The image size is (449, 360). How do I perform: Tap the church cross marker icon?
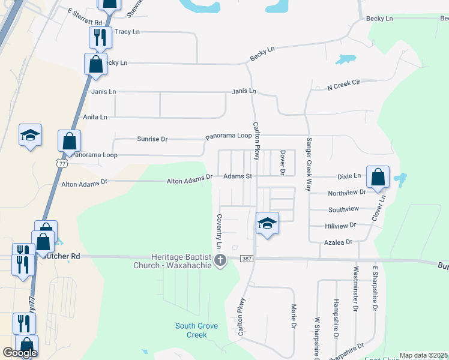[x=220, y=260]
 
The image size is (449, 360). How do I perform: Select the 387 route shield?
[x=247, y=259]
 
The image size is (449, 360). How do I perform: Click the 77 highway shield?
[x=61, y=163]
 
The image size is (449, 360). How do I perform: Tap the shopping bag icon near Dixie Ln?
[x=378, y=177]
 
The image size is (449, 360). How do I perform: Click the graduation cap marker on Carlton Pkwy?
[x=267, y=224]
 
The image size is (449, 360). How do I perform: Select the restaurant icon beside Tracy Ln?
[x=100, y=37]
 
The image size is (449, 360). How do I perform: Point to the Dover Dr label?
[x=282, y=163]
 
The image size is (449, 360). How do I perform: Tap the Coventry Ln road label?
[x=219, y=232]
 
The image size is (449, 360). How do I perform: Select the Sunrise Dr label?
[x=152, y=139]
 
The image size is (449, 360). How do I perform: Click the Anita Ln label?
[x=95, y=117]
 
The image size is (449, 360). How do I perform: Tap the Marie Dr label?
[x=294, y=316]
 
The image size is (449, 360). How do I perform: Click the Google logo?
[x=20, y=353]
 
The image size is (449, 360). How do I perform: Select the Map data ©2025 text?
[x=423, y=355]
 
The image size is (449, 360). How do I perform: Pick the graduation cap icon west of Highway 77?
[x=30, y=135]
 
